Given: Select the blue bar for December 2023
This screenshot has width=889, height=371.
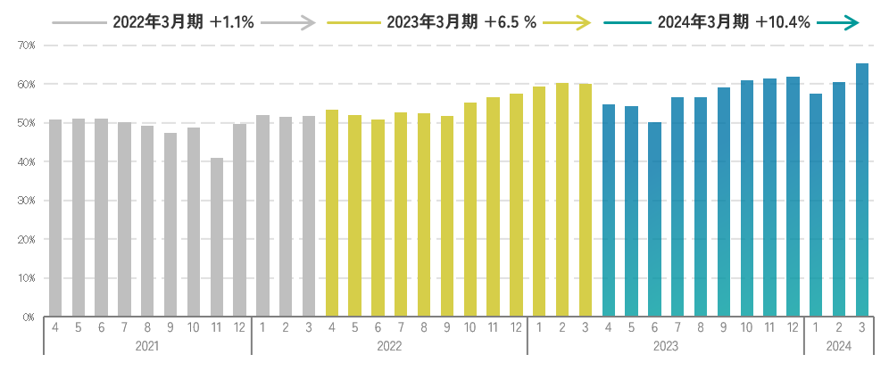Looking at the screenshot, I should pyautogui.click(x=793, y=196).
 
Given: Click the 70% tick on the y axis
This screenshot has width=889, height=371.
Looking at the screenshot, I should pyautogui.click(x=26, y=45).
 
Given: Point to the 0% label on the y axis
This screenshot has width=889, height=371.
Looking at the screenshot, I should pyautogui.click(x=28, y=317).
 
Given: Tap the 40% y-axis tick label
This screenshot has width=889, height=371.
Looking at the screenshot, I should pyautogui.click(x=26, y=161).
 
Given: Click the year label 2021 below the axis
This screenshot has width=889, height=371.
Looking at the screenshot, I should pyautogui.click(x=147, y=345).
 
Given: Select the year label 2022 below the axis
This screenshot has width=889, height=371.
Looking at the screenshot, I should pyautogui.click(x=389, y=345).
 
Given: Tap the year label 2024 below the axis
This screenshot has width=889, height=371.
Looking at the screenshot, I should pyautogui.click(x=839, y=345).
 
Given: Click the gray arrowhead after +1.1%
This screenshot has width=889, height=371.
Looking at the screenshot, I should pyautogui.click(x=309, y=23).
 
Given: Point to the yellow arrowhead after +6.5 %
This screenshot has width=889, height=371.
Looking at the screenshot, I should pyautogui.click(x=585, y=23).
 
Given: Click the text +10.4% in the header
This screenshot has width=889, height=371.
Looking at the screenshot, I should pyautogui.click(x=782, y=23).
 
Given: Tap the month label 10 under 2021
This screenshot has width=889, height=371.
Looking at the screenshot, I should pyautogui.click(x=194, y=327).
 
